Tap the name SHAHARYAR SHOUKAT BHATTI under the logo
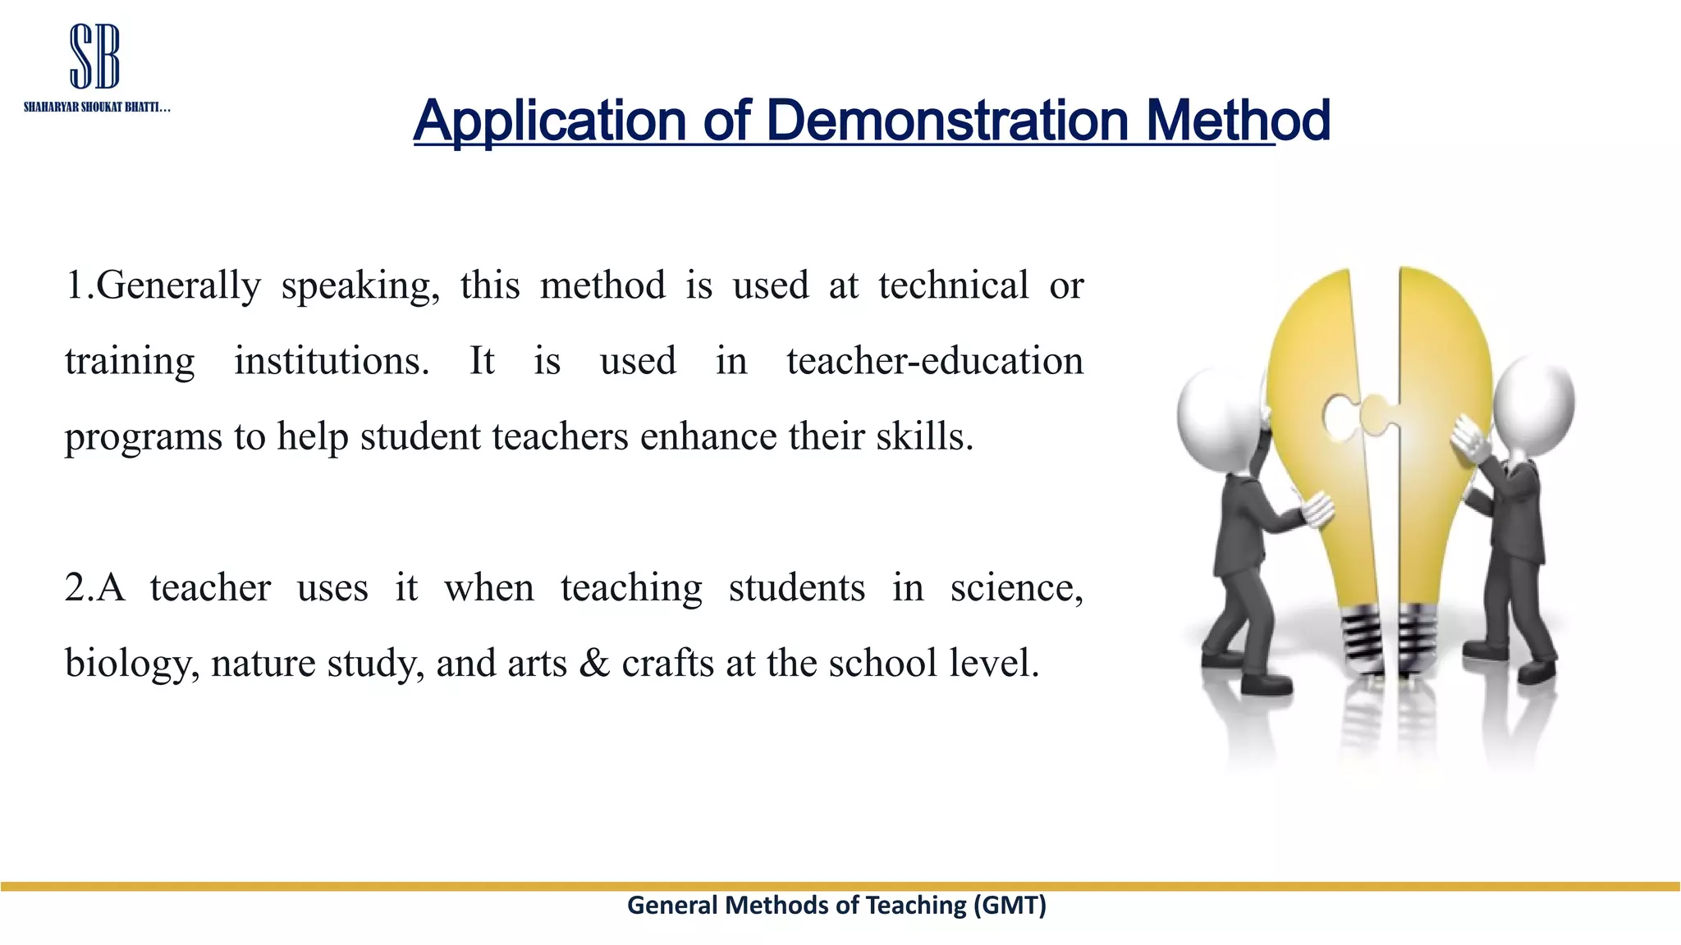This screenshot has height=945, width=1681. point(96,107)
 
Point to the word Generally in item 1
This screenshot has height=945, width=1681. point(178,286)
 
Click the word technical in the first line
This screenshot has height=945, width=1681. point(953,285)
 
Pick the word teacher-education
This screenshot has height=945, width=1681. point(934,361)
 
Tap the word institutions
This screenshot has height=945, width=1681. point(331,361)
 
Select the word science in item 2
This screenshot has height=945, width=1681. point(1016,588)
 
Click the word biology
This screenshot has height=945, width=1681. point(131,664)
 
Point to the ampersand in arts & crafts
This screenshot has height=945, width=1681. point(594,663)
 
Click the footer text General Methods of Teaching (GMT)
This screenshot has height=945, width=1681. point(836,905)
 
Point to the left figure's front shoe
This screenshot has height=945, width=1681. point(1265,682)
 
